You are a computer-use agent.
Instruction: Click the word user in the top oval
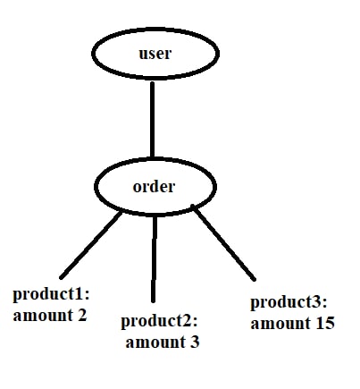(x=155, y=54)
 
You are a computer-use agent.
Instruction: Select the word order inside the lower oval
(x=154, y=187)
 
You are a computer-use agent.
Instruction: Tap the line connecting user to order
(x=153, y=120)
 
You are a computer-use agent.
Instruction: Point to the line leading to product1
(x=91, y=245)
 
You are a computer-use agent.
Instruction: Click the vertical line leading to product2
(x=154, y=258)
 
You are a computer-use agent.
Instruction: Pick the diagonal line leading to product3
(x=223, y=242)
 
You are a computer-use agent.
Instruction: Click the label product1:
(x=51, y=295)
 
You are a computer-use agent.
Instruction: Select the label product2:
(x=159, y=322)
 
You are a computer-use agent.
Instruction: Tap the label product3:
(x=289, y=303)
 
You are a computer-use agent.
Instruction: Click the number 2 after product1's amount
(x=82, y=315)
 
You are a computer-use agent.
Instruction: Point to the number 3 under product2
(x=194, y=342)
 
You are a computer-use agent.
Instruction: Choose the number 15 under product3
(x=325, y=323)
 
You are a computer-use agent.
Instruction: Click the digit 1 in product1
(x=79, y=294)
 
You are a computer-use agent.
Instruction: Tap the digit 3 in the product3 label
(x=316, y=301)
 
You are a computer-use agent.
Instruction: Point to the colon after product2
(x=195, y=323)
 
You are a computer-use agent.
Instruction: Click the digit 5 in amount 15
(x=330, y=323)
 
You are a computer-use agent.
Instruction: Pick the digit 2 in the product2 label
(x=187, y=321)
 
